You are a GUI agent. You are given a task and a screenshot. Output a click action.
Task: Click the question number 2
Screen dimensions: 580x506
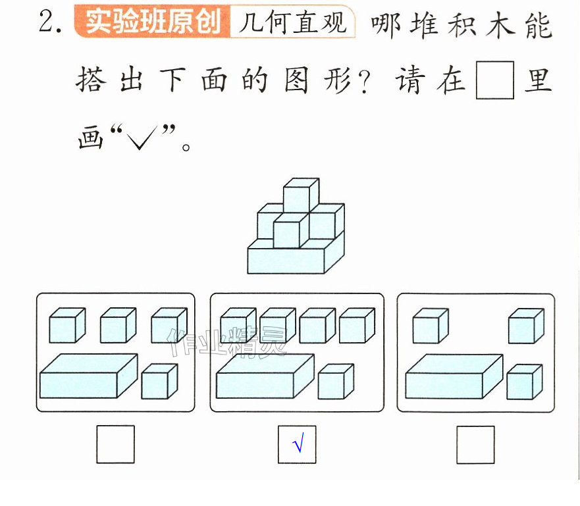tap(50, 22)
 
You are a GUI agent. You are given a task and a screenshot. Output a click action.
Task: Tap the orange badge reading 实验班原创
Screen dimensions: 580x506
tap(152, 22)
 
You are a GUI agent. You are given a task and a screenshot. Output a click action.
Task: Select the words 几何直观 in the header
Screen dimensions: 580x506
tap(292, 22)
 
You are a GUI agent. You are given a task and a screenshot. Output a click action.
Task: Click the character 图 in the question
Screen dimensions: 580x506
tap(296, 80)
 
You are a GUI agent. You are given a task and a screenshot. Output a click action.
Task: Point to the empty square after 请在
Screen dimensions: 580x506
tap(494, 80)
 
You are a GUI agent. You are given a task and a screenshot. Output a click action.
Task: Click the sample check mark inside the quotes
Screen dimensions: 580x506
tap(141, 138)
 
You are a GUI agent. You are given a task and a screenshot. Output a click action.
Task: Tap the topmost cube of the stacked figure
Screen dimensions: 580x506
tap(301, 195)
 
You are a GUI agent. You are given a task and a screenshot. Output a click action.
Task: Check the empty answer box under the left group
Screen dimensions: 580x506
tap(115, 444)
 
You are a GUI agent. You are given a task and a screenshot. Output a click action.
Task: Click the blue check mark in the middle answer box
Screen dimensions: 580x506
tap(298, 442)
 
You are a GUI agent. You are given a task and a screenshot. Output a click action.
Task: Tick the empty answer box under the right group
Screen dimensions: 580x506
tap(475, 445)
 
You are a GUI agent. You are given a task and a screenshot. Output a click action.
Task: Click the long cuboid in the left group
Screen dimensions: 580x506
tap(89, 376)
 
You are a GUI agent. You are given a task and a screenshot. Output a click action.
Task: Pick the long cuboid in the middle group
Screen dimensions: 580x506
tap(265, 376)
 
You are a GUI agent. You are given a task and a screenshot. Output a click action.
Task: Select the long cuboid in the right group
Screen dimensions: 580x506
tap(454, 376)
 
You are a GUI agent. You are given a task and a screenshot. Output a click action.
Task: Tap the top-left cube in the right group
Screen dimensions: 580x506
tap(431, 326)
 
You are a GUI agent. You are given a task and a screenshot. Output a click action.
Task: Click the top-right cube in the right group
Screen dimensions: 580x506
tap(527, 326)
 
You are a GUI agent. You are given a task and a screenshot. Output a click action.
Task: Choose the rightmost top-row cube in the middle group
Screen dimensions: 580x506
tap(357, 325)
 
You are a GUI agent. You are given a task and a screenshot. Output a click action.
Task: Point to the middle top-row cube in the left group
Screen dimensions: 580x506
tap(119, 325)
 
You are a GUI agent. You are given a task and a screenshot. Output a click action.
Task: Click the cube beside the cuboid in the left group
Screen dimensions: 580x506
tap(159, 382)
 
